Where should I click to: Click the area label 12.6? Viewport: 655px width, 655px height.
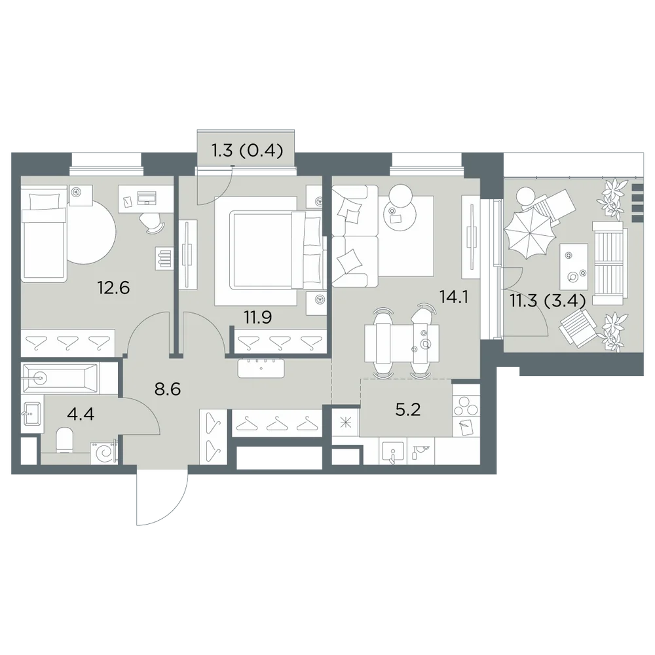click(x=113, y=288)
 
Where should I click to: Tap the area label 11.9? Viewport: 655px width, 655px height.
click(x=258, y=318)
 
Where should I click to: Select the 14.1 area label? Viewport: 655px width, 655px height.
click(x=454, y=297)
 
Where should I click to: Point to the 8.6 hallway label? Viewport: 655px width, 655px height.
click(x=167, y=389)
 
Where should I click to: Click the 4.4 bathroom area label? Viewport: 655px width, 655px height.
click(x=81, y=415)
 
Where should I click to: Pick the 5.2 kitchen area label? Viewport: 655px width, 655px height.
click(x=407, y=410)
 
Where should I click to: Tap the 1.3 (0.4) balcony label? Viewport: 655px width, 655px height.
click(x=248, y=151)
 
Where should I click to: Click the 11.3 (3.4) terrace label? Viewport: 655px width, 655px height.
click(x=547, y=301)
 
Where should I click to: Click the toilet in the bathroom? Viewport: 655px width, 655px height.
click(x=64, y=440)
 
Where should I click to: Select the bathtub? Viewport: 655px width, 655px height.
click(x=60, y=379)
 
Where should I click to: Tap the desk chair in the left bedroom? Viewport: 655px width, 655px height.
click(x=153, y=223)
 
